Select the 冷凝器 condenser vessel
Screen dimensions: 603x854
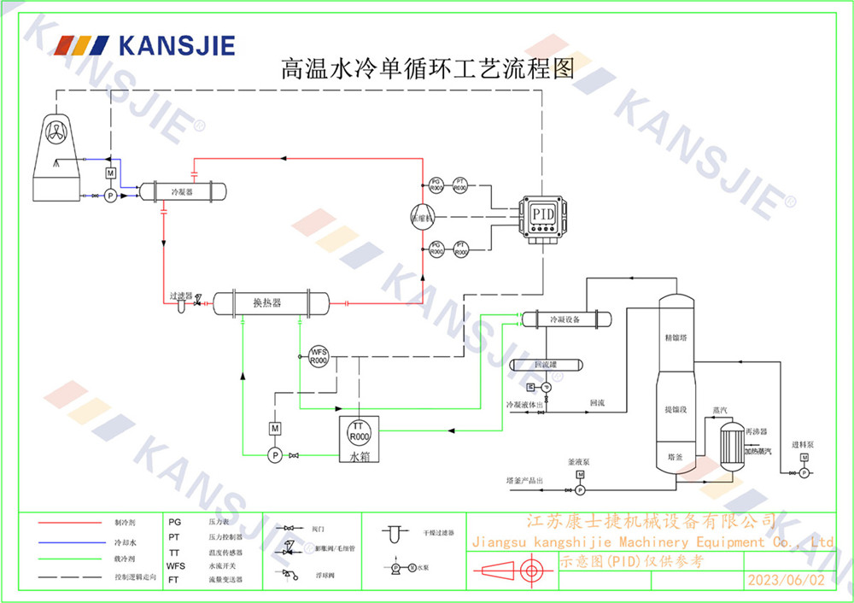coord(183,192)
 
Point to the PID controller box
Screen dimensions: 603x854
coord(542,214)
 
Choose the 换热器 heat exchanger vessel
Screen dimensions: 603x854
coord(270,302)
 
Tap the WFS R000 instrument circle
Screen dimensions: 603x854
coord(319,356)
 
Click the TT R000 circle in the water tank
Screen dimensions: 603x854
coord(359,431)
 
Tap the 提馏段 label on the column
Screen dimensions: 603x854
coord(676,410)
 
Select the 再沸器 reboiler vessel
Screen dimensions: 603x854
coord(728,442)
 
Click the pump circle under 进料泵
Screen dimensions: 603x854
coord(804,472)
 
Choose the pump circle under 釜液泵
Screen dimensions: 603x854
coord(579,490)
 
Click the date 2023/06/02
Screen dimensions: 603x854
coord(786,580)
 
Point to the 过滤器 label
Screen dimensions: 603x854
coord(181,296)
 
